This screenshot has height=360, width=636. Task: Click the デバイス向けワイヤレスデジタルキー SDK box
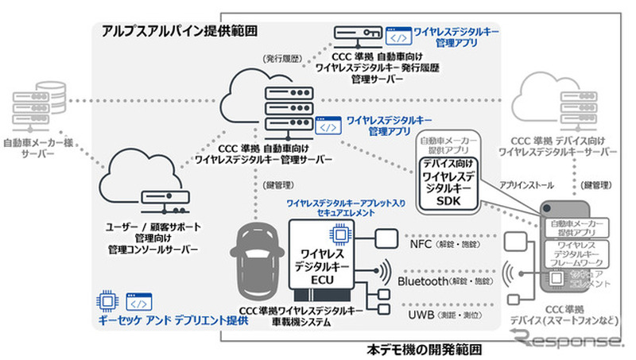(449, 183)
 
